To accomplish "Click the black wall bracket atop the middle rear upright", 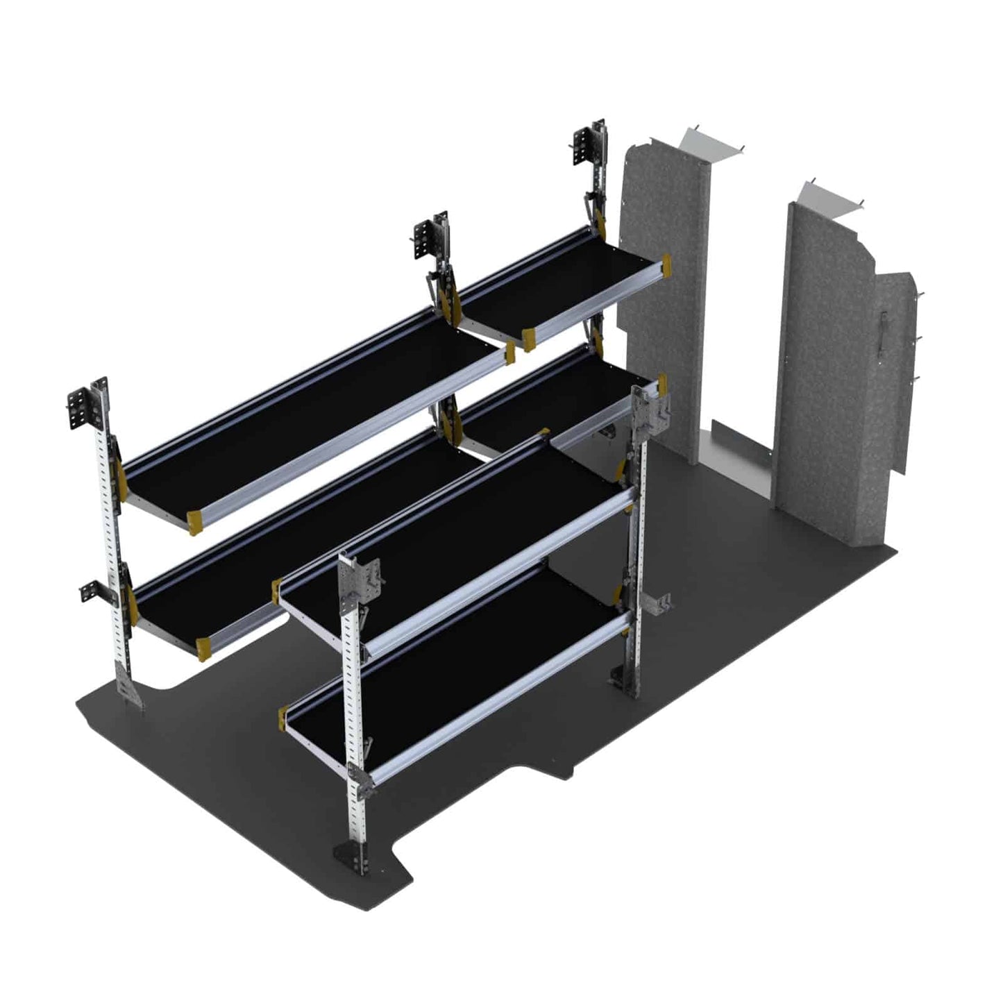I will tap(430, 237).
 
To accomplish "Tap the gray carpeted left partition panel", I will tap(659, 292).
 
